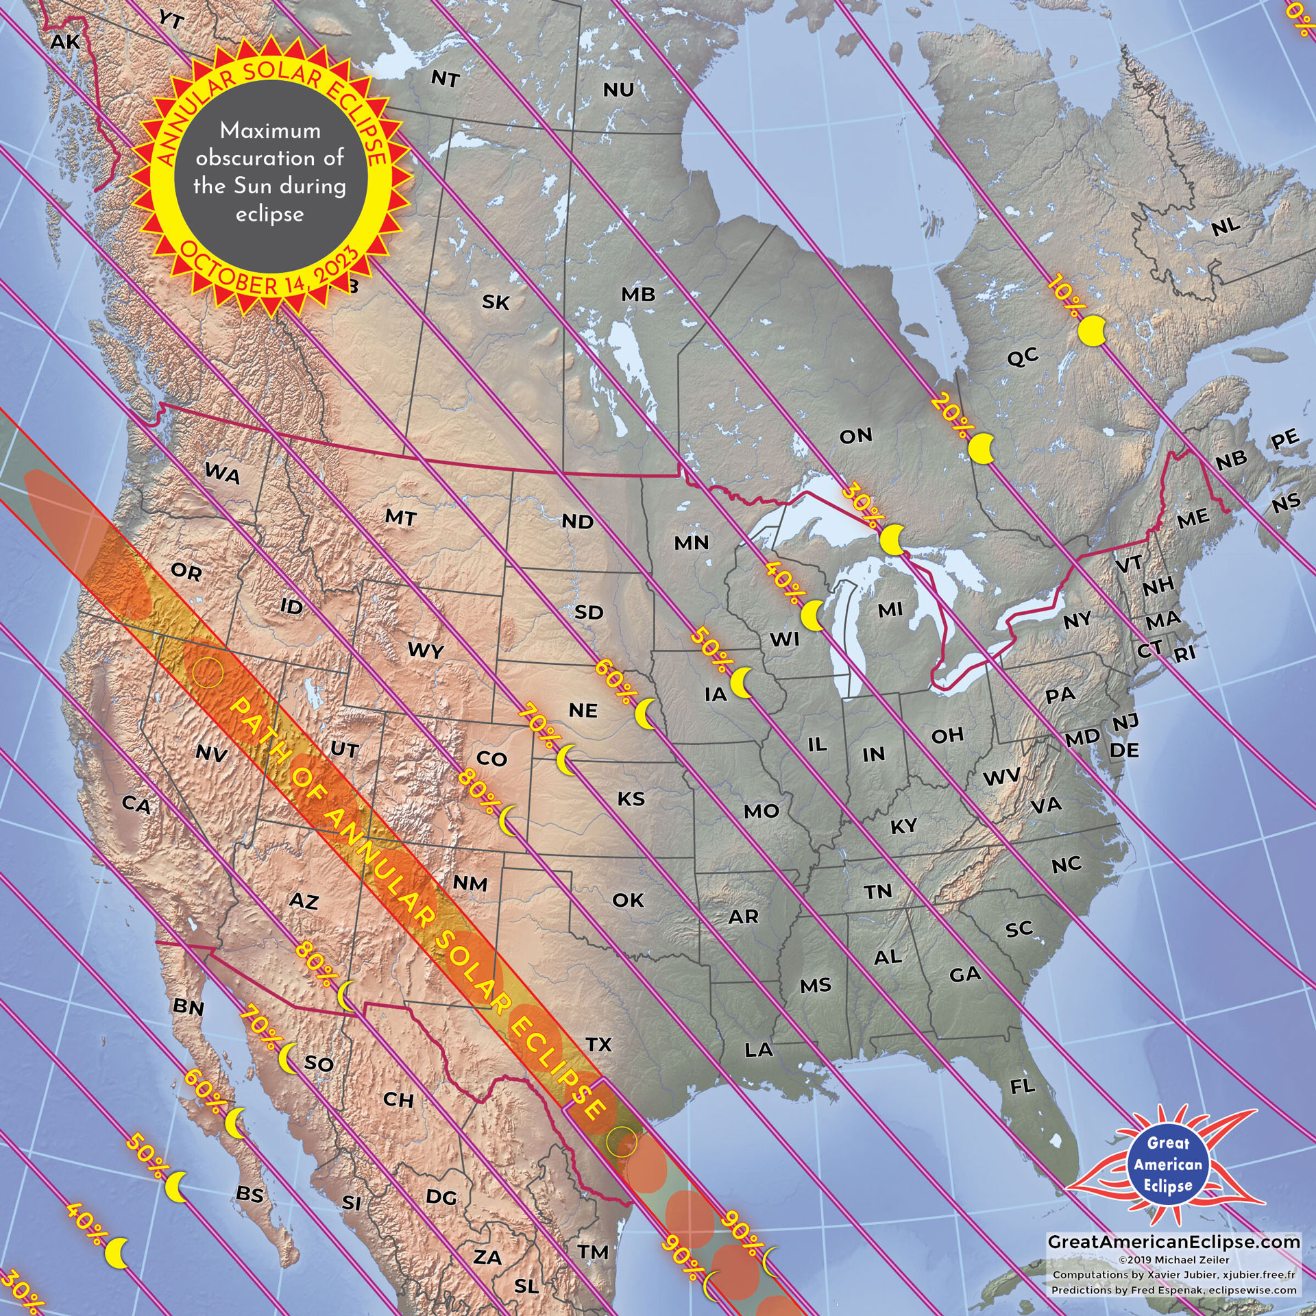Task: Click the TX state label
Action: pyautogui.click(x=598, y=1044)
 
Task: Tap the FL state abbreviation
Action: pyautogui.click(x=1023, y=1086)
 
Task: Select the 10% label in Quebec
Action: pyautogui.click(x=1063, y=296)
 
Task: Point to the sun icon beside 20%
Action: pyautogui.click(x=982, y=449)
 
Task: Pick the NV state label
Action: pyautogui.click(x=211, y=753)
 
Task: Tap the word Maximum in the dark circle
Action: pyautogui.click(x=270, y=130)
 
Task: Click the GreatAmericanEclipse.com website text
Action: pyautogui.click(x=1173, y=1242)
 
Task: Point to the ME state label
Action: pyautogui.click(x=1193, y=518)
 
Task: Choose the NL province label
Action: pyautogui.click(x=1226, y=226)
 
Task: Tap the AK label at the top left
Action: pyautogui.click(x=65, y=42)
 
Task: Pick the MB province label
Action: pyautogui.click(x=638, y=294)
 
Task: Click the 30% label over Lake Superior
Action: pyautogui.click(x=860, y=506)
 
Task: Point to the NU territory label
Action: pyautogui.click(x=618, y=90)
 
